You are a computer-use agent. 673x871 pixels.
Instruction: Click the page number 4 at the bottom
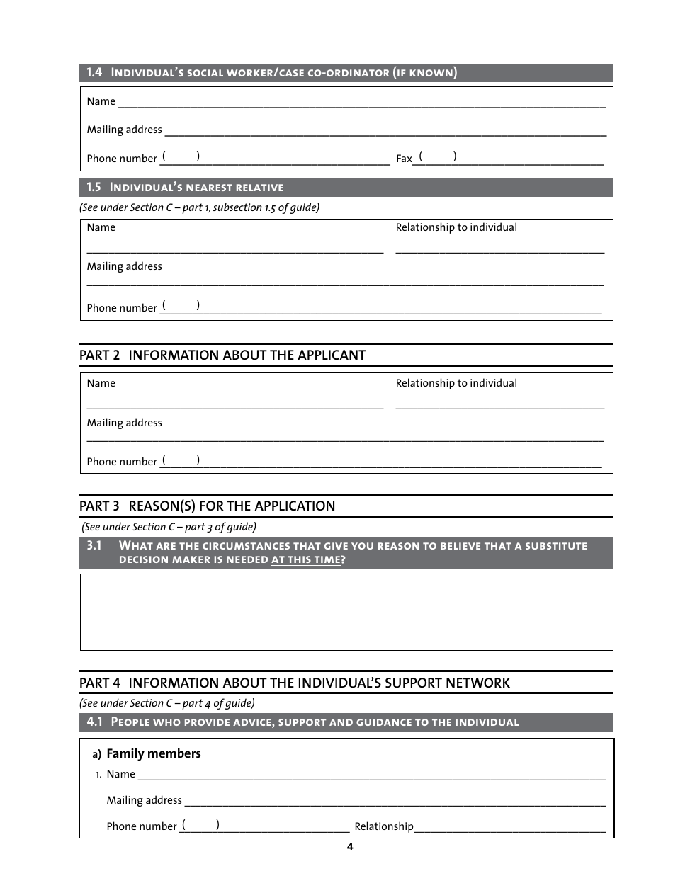click(349, 847)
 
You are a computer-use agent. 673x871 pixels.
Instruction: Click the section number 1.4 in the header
click(94, 72)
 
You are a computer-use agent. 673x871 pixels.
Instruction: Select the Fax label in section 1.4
click(403, 159)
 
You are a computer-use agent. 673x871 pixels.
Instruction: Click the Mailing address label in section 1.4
click(124, 130)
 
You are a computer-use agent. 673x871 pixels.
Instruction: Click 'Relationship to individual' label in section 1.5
click(456, 227)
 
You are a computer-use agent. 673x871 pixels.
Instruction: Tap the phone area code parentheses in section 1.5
click(180, 305)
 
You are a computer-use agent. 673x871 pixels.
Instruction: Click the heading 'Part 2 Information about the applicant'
click(222, 355)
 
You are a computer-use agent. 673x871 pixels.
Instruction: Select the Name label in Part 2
click(101, 383)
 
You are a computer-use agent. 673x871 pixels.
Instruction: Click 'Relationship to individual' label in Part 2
click(456, 383)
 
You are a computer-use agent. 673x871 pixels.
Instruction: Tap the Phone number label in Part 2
click(121, 462)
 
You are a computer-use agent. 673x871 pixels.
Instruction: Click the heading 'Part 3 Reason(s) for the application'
click(207, 506)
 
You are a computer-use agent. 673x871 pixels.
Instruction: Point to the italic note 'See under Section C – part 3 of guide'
click(169, 527)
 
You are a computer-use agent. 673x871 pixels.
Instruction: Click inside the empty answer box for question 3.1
click(346, 612)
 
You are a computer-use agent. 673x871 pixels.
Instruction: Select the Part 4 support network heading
click(294, 683)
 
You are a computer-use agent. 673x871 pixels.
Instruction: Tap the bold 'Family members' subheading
click(153, 753)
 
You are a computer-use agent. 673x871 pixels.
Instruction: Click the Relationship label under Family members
click(383, 826)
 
